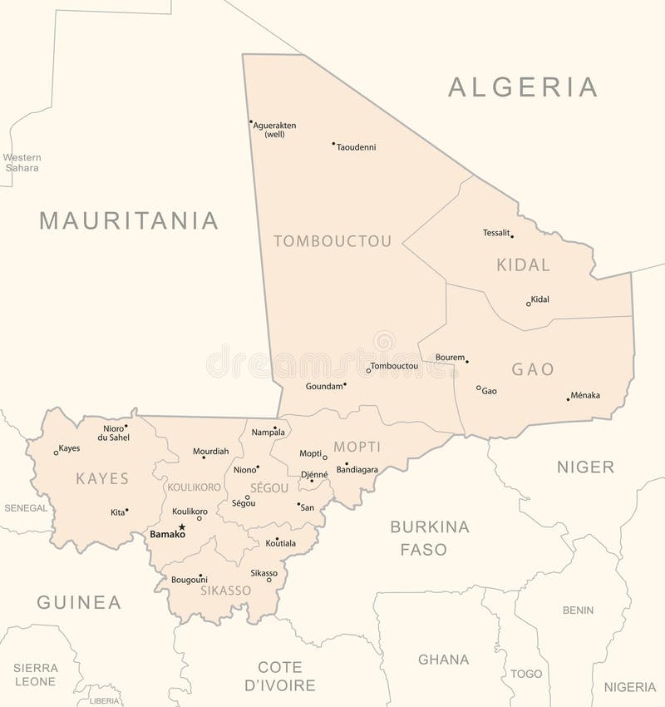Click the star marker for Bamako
182,527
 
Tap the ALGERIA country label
523,87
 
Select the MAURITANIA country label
129,220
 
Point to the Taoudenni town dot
333,143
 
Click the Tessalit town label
496,233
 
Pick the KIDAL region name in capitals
524,265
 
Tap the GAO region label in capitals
533,369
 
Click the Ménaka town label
585,396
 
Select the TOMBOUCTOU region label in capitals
332,241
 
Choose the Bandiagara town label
357,470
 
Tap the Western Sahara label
22,162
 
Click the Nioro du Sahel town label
113,432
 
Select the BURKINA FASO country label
429,537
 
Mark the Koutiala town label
281,543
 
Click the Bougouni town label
190,579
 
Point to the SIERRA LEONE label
35,675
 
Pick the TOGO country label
526,674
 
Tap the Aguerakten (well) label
275,130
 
